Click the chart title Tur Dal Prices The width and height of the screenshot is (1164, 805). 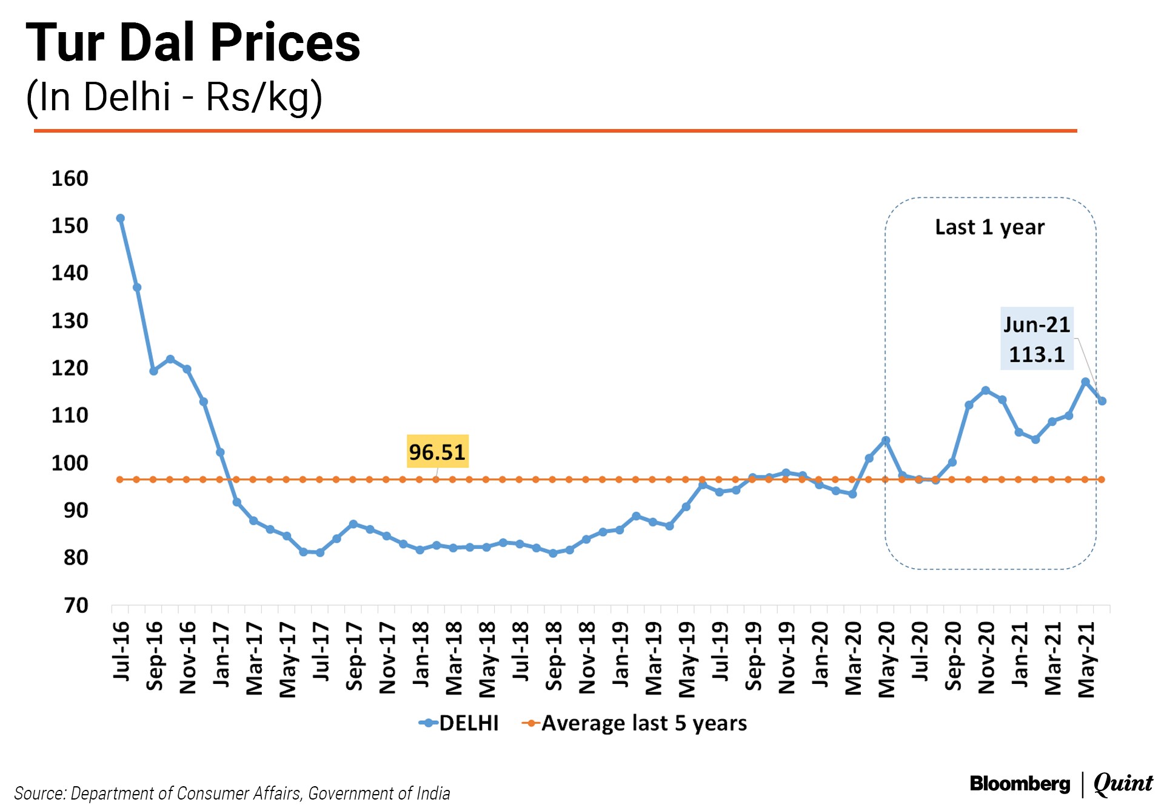[193, 42]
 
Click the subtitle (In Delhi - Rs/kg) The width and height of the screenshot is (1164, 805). [174, 97]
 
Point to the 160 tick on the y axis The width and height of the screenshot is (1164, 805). [70, 179]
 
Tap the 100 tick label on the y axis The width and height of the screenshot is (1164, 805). [70, 463]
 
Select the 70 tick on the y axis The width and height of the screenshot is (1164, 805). [76, 605]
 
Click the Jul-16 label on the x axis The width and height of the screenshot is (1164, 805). [121, 651]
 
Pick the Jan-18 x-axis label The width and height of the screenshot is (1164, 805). [420, 654]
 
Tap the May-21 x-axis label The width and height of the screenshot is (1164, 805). [1086, 659]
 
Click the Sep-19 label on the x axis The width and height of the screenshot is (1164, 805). [753, 656]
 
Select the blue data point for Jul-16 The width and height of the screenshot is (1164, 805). [120, 218]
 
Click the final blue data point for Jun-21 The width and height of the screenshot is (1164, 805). [1102, 401]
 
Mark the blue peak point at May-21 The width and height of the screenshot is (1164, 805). [1085, 382]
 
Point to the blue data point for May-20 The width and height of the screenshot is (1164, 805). [886, 440]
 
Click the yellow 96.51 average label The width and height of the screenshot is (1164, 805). [437, 452]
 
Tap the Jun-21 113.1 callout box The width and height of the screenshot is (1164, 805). [1037, 339]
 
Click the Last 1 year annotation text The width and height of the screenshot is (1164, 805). [989, 227]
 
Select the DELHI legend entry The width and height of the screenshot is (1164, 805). [459, 723]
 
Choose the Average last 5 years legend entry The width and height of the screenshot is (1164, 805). [635, 723]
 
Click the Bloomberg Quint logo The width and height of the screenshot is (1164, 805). [1061, 783]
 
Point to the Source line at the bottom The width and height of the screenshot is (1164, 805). [232, 793]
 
